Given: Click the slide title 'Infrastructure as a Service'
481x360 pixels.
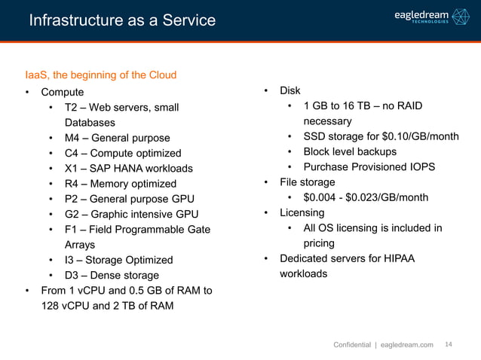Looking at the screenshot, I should pos(122,20).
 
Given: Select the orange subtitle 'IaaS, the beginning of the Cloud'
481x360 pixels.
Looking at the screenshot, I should pos(101,75).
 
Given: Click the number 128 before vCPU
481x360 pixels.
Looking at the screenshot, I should pos(50,306).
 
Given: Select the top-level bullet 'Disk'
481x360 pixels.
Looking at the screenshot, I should pos(290,90).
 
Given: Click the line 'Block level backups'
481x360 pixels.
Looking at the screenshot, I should pos(351,151).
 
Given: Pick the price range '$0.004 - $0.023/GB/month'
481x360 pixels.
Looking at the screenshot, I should pos(366,197).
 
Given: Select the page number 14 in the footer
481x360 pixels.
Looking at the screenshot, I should pos(449,344).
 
